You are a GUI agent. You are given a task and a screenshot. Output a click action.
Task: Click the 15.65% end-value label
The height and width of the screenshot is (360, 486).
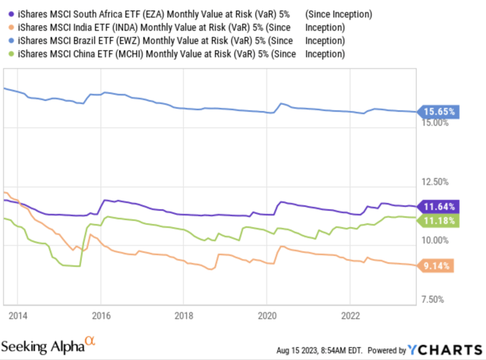click(440, 112)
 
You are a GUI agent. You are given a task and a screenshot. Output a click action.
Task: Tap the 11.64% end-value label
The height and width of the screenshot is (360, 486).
click(440, 207)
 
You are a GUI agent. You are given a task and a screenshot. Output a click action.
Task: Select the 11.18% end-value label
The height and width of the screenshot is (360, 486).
click(440, 219)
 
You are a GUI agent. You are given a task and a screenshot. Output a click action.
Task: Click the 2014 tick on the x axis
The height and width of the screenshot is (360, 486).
click(18, 314)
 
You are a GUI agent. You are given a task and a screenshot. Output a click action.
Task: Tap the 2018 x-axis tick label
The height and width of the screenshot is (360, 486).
click(184, 314)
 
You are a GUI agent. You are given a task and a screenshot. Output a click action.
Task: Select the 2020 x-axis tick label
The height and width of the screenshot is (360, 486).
click(267, 314)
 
